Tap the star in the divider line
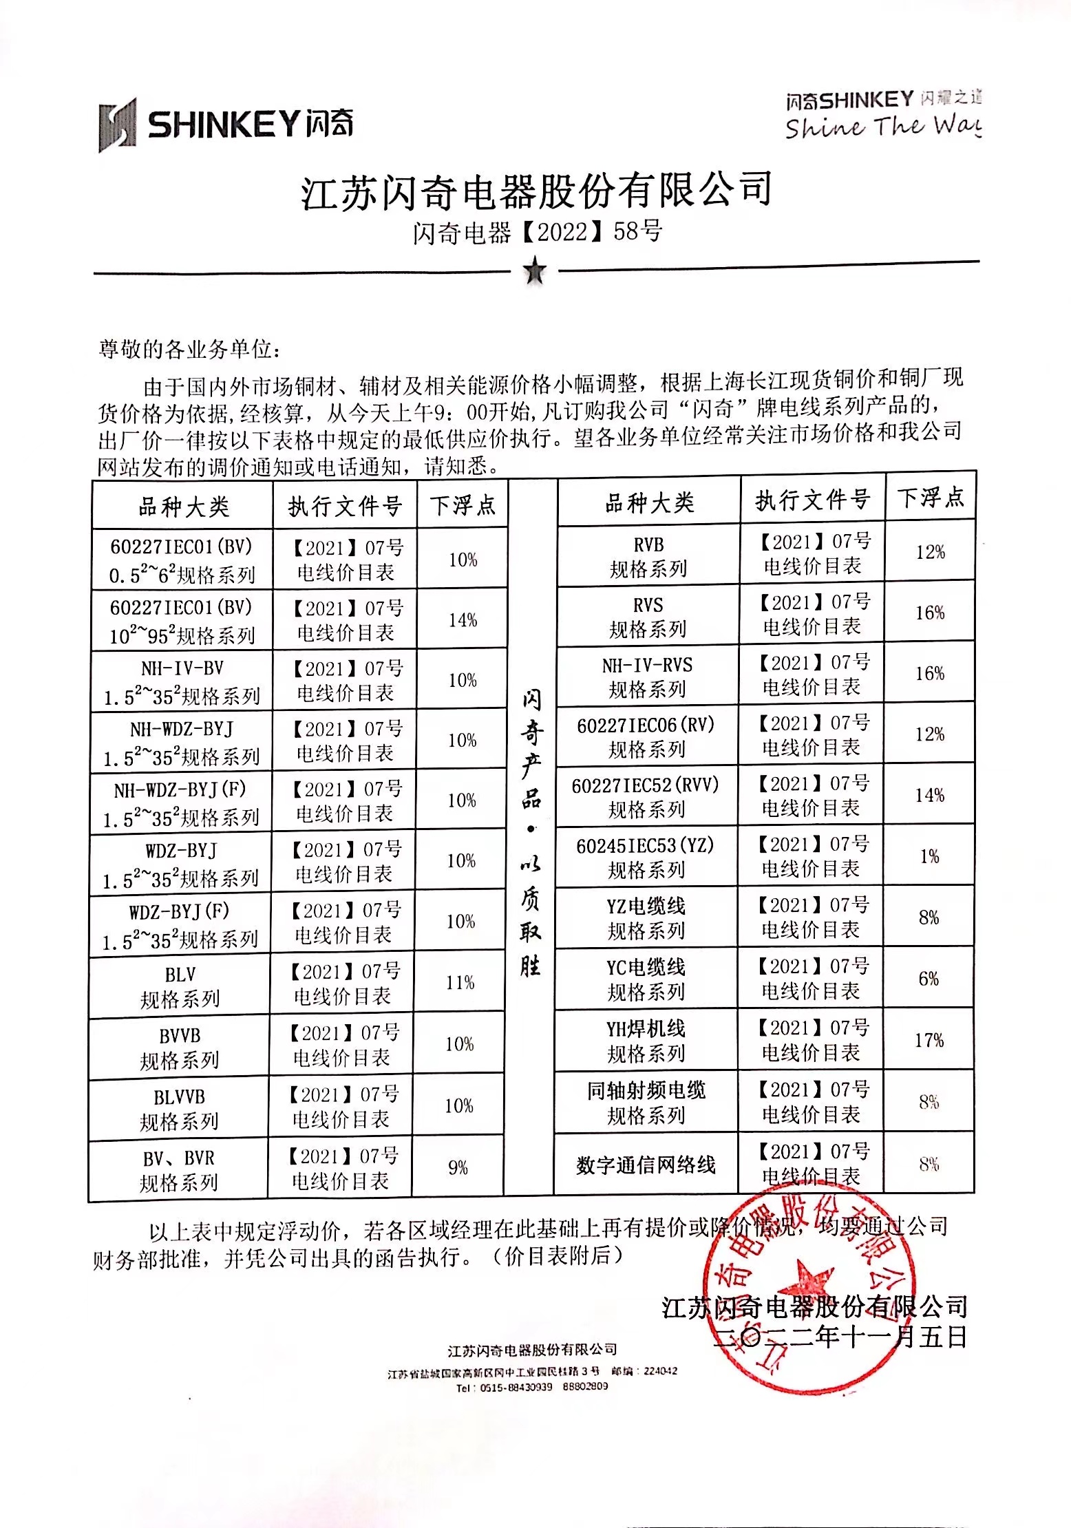[535, 271]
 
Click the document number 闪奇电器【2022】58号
[537, 231]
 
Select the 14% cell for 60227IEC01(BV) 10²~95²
[463, 620]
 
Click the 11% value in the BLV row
[460, 982]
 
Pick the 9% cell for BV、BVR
[458, 1167]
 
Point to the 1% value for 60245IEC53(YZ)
[929, 856]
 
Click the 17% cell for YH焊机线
[929, 1040]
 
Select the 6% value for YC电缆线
[929, 978]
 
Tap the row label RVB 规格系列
[648, 556]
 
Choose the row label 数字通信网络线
[646, 1165]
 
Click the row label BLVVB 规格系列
[179, 1109]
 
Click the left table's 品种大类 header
[183, 507]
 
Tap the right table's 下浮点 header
[931, 497]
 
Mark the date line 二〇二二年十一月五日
[840, 1337]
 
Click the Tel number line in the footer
[531, 1386]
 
